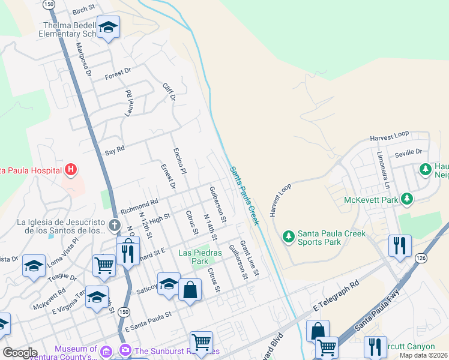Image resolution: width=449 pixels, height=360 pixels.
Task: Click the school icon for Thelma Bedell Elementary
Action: click(x=108, y=27)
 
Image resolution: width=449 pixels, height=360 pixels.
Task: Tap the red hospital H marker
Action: click(x=71, y=170)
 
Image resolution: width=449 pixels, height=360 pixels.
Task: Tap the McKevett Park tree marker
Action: click(x=408, y=199)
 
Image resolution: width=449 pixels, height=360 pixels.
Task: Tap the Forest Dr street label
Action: click(x=118, y=75)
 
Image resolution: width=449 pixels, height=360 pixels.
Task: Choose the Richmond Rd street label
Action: click(x=139, y=207)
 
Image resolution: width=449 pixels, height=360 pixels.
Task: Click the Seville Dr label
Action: click(x=408, y=154)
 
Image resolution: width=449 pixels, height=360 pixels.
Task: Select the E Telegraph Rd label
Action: click(x=336, y=296)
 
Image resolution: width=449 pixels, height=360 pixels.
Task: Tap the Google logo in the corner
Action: click(x=20, y=352)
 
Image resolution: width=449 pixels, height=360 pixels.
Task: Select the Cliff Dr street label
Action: click(x=169, y=92)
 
